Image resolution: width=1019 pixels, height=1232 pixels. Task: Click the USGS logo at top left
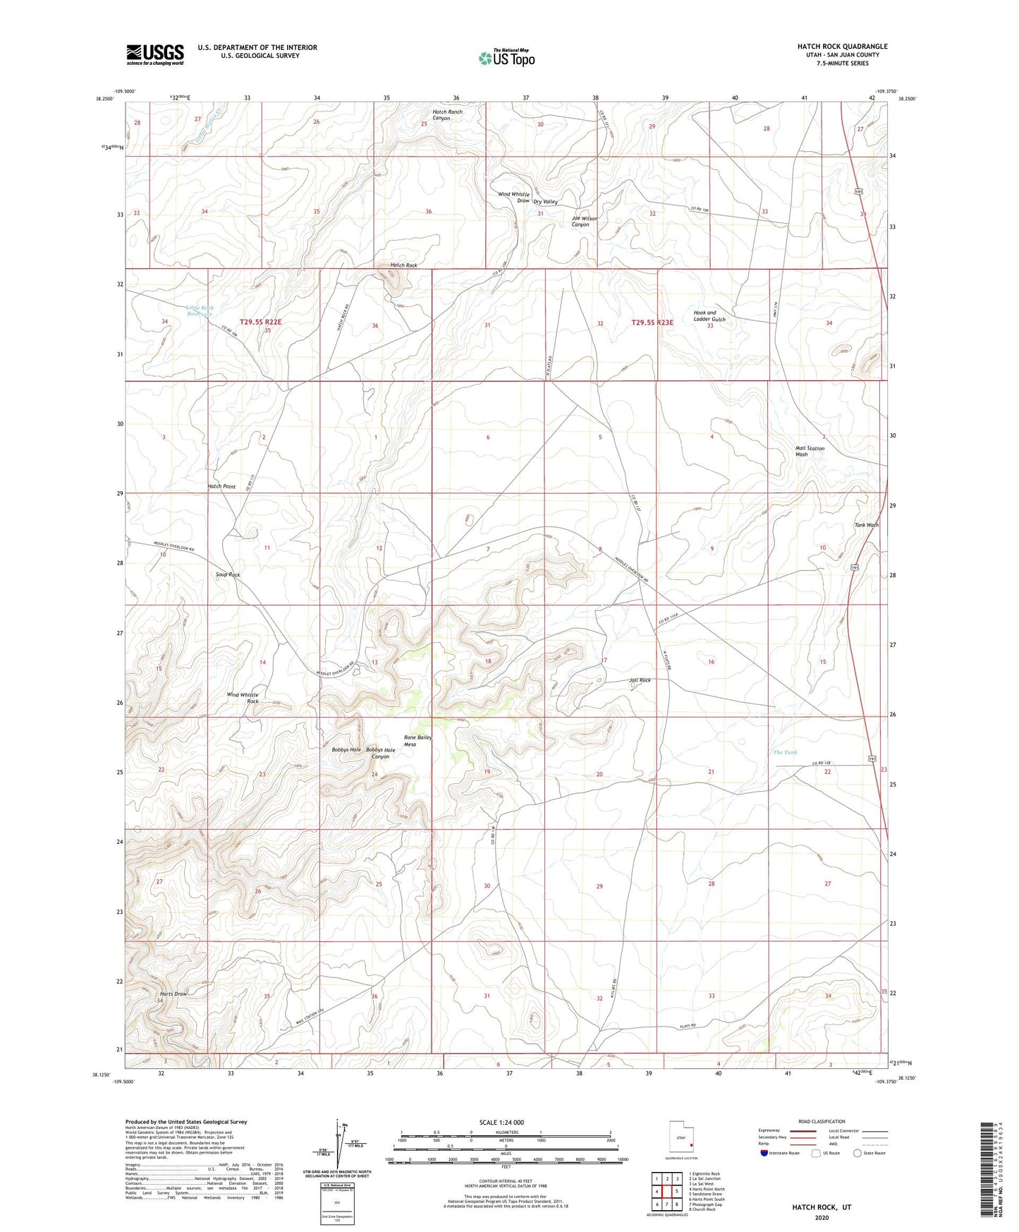(155, 54)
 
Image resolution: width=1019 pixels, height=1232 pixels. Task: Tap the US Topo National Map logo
(506, 58)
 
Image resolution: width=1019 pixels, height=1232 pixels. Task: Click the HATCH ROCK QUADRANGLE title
(842, 47)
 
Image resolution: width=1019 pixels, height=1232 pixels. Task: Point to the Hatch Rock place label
(403, 265)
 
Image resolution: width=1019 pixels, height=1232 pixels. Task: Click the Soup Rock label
(228, 574)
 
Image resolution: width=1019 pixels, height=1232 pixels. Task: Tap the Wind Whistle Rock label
(243, 698)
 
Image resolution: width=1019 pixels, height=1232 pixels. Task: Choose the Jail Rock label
(640, 680)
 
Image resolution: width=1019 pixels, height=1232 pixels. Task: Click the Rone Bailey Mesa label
(417, 740)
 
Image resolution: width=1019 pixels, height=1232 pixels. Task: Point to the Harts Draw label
(173, 994)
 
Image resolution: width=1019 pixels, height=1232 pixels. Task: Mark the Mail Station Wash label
(810, 451)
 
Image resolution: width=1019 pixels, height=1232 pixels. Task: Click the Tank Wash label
(866, 525)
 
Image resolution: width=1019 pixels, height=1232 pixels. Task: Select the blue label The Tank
(785, 752)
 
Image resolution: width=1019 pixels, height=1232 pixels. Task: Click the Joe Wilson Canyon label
(584, 222)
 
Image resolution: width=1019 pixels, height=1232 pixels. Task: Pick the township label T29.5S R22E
(260, 322)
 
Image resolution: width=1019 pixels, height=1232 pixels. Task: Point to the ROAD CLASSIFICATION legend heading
(822, 1121)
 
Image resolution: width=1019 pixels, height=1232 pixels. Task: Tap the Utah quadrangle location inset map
(681, 1137)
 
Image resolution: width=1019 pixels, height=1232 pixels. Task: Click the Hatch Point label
(221, 486)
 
